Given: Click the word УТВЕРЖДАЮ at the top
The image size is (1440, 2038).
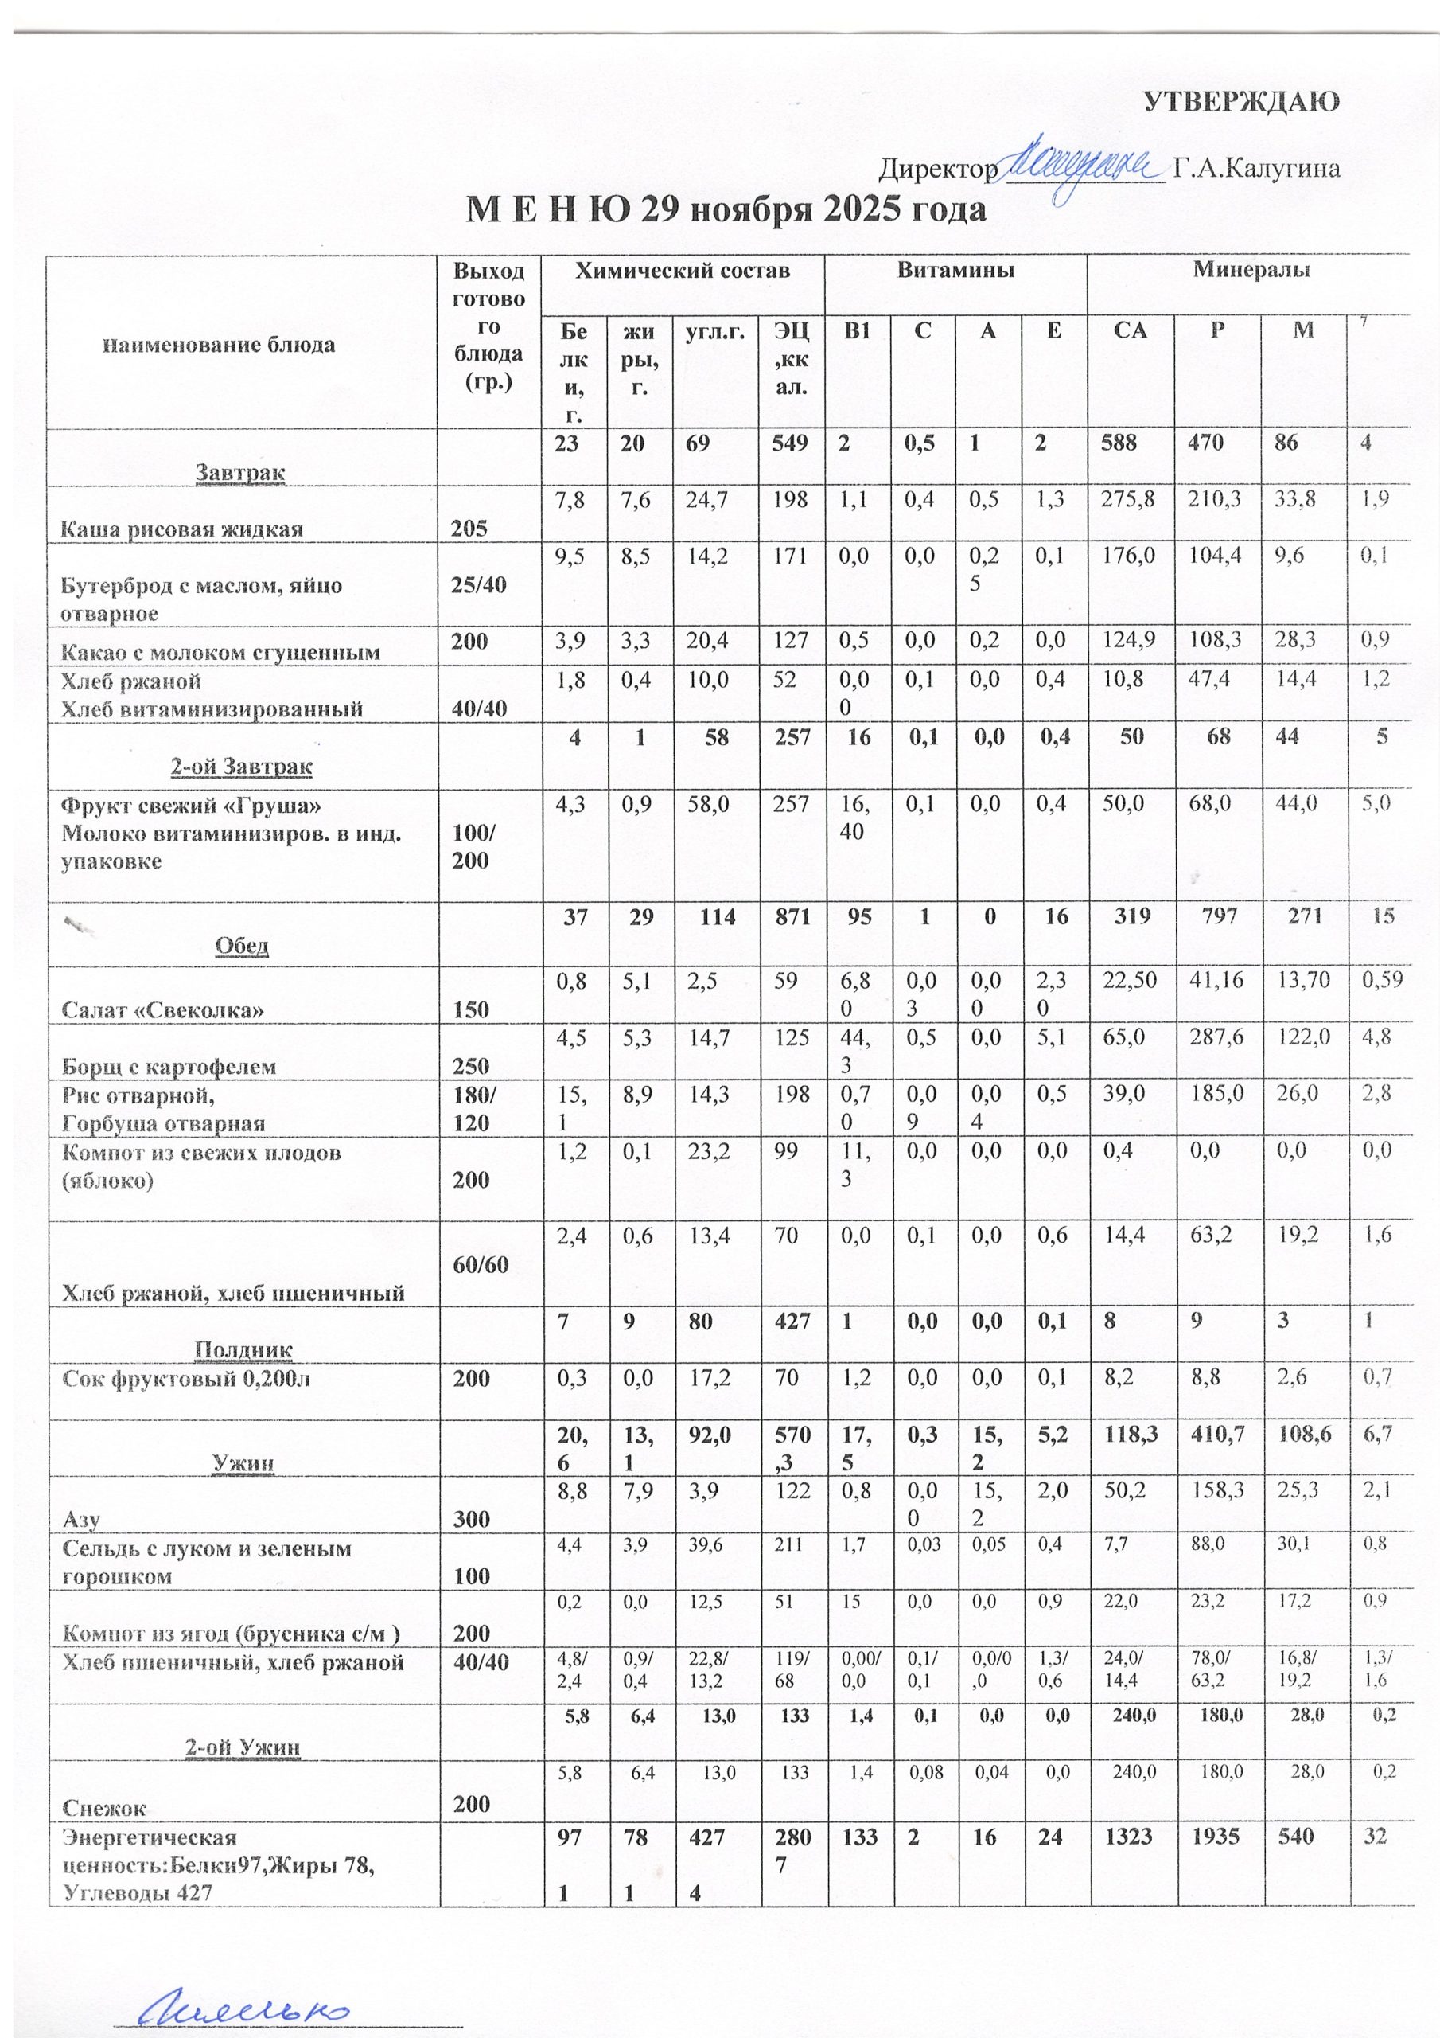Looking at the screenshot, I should point(1240,102).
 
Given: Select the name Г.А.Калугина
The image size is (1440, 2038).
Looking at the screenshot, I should point(1255,168).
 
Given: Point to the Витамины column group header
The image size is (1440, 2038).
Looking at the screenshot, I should point(955,270).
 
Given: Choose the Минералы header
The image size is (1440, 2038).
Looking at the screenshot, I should point(1250,270).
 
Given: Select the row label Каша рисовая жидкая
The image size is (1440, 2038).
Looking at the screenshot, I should point(181,529).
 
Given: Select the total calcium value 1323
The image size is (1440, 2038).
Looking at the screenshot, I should point(1131,1837).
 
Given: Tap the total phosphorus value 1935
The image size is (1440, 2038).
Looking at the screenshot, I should point(1216,1837).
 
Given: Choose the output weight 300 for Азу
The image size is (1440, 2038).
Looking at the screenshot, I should point(471,1519).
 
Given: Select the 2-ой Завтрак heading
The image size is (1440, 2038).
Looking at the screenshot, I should point(241,766).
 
